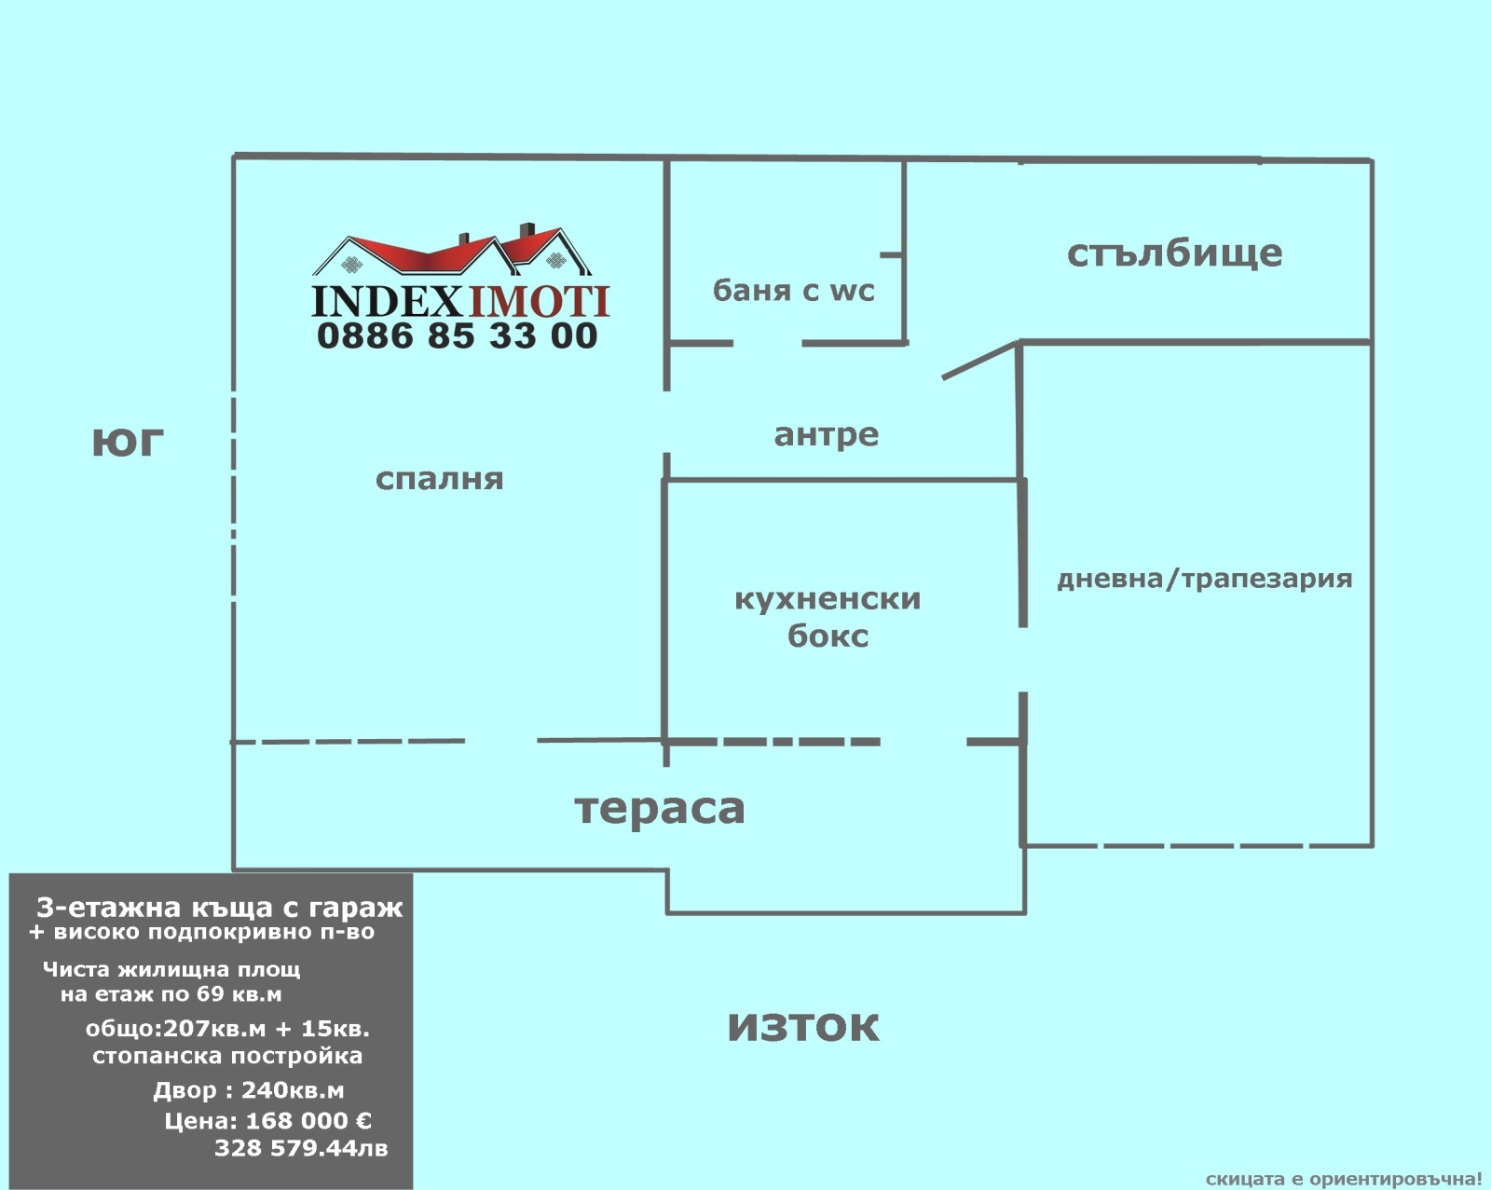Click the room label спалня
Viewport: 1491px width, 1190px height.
[x=439, y=479]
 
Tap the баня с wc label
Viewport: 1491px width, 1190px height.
[x=793, y=291]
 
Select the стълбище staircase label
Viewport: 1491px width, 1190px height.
[x=1174, y=253]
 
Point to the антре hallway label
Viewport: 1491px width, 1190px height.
[x=826, y=435]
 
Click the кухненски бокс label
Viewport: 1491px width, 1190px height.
[x=828, y=617]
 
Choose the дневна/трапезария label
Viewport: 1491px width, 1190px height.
[x=1204, y=579]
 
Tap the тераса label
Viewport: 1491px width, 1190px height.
[x=660, y=808]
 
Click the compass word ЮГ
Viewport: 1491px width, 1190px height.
[x=129, y=443]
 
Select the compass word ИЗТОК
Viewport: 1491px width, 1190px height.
[x=803, y=1027]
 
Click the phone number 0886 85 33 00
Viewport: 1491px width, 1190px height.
[x=458, y=335]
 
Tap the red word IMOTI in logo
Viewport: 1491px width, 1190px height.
[x=539, y=302]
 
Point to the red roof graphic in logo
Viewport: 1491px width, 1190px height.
[x=452, y=251]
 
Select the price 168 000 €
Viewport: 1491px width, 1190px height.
[x=309, y=1121]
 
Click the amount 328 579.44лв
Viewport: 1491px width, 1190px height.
[x=301, y=1148]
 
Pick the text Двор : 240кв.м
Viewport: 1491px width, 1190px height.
[x=249, y=1091]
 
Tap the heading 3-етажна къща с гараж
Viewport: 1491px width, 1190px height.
[x=219, y=908]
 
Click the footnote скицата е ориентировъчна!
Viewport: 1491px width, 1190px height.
[x=1344, y=1179]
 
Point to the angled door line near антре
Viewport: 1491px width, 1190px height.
[x=979, y=361]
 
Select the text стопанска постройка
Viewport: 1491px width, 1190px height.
[x=227, y=1056]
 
